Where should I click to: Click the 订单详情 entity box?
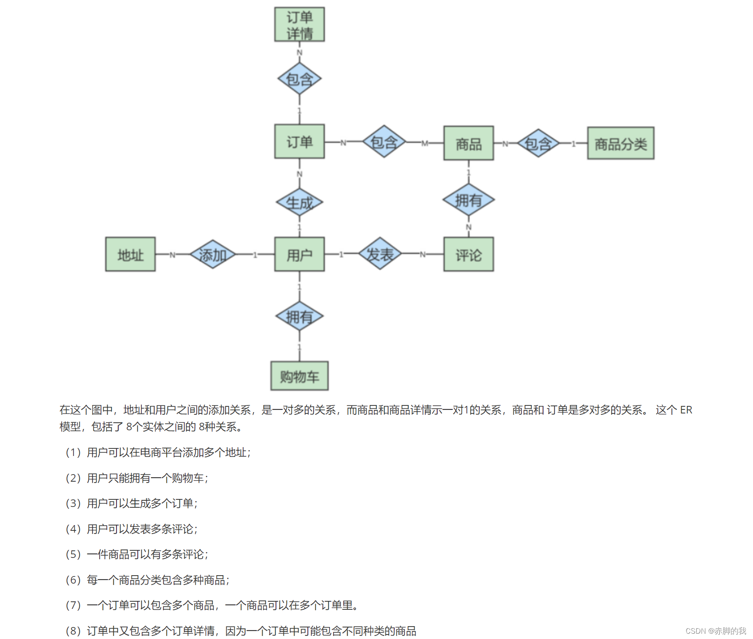[299, 25]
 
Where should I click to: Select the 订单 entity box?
[299, 142]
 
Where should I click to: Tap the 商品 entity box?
[469, 143]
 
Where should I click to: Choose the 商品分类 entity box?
[621, 143]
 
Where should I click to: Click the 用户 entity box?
[299, 254]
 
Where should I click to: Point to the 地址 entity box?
[131, 254]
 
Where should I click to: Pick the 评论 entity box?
[469, 254]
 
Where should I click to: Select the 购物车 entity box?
[299, 376]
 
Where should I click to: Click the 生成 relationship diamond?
[299, 203]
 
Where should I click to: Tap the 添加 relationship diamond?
[213, 254]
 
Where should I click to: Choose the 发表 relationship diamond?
[380, 254]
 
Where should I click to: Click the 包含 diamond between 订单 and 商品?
[384, 142]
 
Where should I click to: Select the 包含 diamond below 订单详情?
[299, 79]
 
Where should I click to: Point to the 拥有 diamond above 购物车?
[299, 316]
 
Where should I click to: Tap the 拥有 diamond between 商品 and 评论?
[469, 200]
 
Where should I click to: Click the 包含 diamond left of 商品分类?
[538, 143]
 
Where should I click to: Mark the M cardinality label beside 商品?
[425, 143]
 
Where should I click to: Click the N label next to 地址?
[172, 255]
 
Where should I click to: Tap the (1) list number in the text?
[73, 452]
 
